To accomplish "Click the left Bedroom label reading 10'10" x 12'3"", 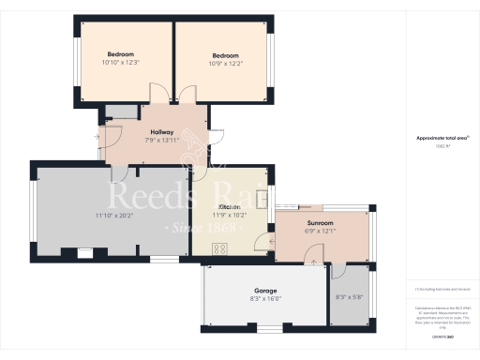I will point(120,63).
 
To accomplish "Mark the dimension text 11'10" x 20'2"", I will point(115,217).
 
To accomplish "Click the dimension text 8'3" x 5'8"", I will point(349,297).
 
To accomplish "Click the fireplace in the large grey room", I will point(84,250).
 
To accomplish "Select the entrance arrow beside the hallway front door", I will point(97,136).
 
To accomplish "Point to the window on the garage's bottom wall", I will point(268,328).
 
